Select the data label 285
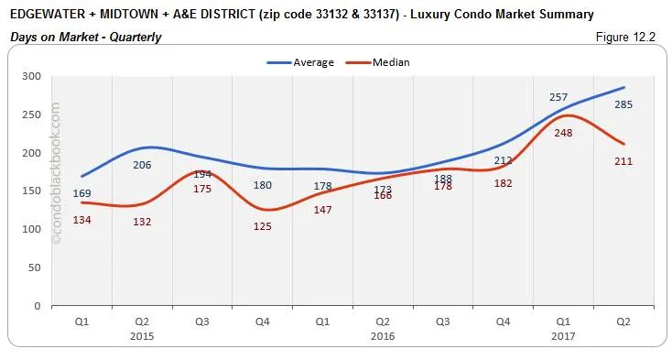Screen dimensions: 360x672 click(624, 104)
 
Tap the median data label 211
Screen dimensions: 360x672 click(624, 161)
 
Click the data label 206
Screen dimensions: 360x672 click(141, 165)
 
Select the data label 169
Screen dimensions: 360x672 click(82, 193)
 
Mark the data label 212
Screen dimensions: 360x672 click(504, 161)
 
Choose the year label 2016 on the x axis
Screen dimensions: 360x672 click(383, 335)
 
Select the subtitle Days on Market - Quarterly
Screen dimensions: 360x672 click(86, 38)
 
